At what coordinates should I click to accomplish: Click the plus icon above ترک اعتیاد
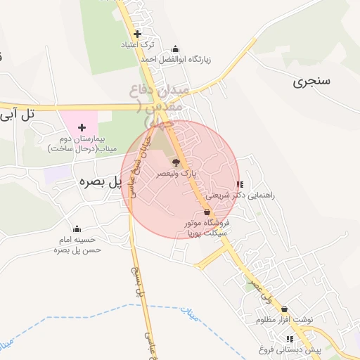[137, 34]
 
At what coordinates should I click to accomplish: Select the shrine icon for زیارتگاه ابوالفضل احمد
[175, 49]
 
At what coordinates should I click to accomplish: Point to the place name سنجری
[311, 81]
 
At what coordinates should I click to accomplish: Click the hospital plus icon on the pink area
[82, 127]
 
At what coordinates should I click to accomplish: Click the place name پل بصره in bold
[98, 181]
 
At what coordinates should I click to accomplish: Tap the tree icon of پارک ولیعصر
[176, 162]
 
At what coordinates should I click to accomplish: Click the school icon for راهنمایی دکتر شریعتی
[240, 185]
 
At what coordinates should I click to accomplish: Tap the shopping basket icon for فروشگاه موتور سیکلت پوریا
[207, 212]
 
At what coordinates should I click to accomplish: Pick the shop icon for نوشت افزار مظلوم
[284, 309]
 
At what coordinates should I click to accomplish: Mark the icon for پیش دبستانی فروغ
[290, 339]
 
